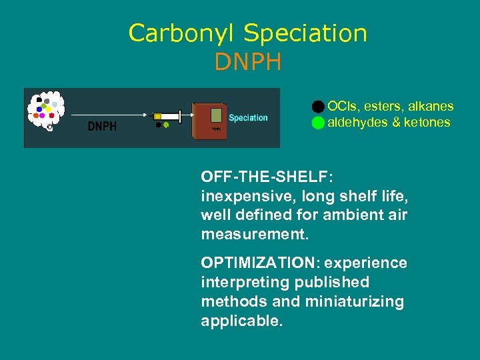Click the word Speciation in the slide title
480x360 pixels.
point(305,33)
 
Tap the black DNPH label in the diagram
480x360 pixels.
point(102,126)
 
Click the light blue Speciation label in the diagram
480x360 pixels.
point(248,118)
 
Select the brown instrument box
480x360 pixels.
point(209,121)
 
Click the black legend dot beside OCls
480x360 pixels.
point(318,107)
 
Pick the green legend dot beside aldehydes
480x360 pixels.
point(318,123)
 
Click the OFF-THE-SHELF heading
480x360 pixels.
point(267,177)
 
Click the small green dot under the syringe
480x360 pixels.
point(166,125)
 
